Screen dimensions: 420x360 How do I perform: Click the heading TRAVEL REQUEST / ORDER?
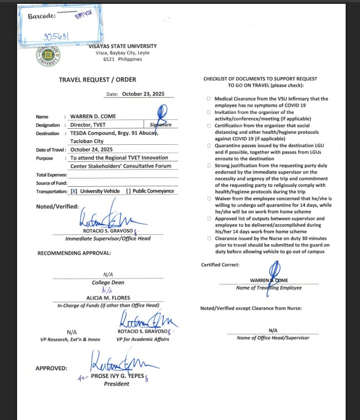97,80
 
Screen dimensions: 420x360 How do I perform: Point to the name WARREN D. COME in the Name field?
93,117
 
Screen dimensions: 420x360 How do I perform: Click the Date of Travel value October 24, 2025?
91,149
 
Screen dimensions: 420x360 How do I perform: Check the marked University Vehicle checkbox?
73,191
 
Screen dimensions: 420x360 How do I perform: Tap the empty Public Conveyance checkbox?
128,191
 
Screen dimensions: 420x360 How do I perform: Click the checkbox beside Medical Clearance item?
208,99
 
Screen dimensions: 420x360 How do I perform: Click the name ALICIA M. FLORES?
108,298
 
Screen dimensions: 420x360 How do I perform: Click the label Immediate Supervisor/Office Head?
108,238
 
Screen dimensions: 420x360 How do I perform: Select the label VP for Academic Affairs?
143,339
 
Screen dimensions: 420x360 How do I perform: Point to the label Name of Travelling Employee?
269,288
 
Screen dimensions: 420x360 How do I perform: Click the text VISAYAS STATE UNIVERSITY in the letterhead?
122,46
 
